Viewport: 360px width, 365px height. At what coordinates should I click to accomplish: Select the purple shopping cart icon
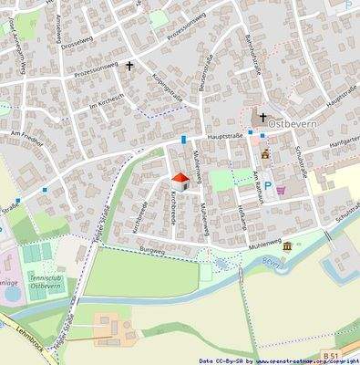click(x=282, y=191)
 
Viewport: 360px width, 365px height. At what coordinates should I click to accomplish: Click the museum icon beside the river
click(x=287, y=246)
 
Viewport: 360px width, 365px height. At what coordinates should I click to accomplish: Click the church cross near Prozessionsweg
click(x=129, y=66)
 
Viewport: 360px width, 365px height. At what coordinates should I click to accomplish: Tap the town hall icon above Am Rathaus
click(x=265, y=154)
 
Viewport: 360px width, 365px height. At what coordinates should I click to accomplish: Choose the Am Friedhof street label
click(x=28, y=134)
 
